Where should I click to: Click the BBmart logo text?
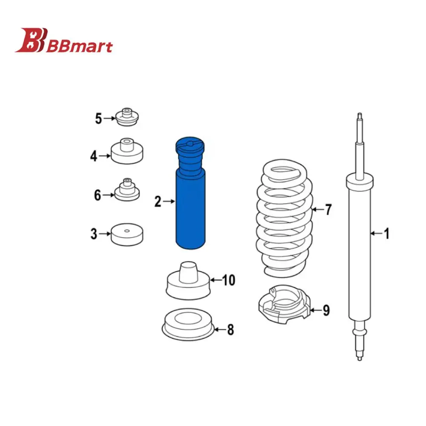pyautogui.click(x=79, y=46)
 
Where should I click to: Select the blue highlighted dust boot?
pyautogui.click(x=190, y=193)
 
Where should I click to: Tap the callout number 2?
pyautogui.click(x=158, y=202)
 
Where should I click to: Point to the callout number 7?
pyautogui.click(x=328, y=210)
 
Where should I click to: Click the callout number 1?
pyautogui.click(x=386, y=233)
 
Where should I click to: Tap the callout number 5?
pyautogui.click(x=98, y=119)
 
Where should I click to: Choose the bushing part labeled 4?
pyautogui.click(x=127, y=151)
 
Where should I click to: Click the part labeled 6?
pyautogui.click(x=127, y=190)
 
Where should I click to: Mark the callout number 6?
pyautogui.click(x=98, y=196)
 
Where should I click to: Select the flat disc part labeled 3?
pyautogui.click(x=127, y=234)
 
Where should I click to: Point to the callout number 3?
pyautogui.click(x=94, y=234)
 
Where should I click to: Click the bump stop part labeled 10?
pyautogui.click(x=188, y=281)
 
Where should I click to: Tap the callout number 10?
pyautogui.click(x=228, y=280)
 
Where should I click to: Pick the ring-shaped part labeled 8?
pyautogui.click(x=188, y=325)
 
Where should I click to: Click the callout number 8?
pyautogui.click(x=230, y=330)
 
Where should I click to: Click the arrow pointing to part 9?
pyautogui.click(x=316, y=310)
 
